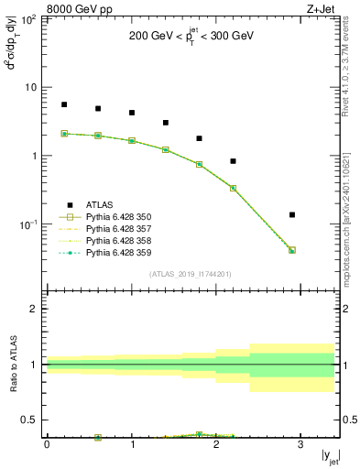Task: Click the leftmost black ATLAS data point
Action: (64, 104)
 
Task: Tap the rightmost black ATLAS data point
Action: (292, 215)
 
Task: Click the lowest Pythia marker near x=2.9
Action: (292, 250)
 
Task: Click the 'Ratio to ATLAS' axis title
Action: (12, 365)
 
